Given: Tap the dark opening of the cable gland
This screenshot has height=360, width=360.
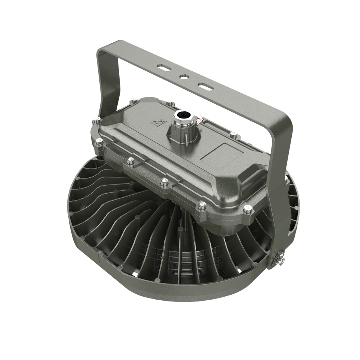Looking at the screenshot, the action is click(183, 114).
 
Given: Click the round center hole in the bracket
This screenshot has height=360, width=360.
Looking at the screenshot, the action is click(184, 76).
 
